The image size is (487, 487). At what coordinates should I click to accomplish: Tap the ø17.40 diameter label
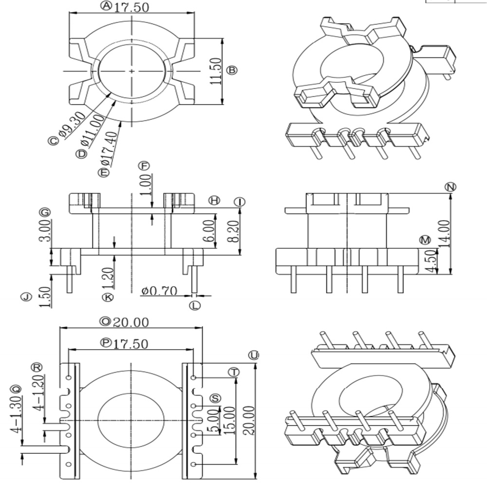click(x=109, y=149)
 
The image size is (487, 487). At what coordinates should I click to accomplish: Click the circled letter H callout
click(x=214, y=200)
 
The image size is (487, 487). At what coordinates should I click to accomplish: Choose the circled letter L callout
click(x=195, y=305)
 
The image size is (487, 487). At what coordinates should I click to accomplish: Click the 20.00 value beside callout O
click(x=131, y=322)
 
